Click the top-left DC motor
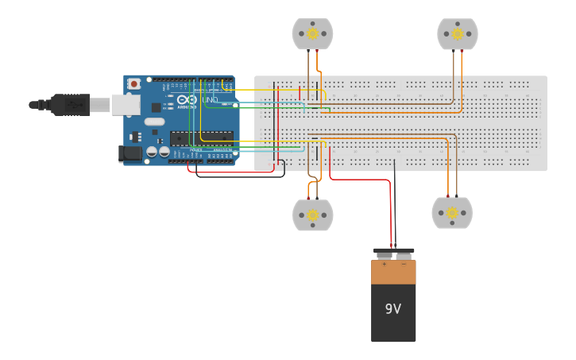(x=312, y=33)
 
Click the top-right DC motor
(x=458, y=33)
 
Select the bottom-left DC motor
(x=312, y=215)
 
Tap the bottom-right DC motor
(x=452, y=213)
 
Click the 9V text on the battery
(x=393, y=309)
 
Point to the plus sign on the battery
(x=384, y=264)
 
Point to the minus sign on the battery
(x=403, y=264)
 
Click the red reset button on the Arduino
(x=133, y=83)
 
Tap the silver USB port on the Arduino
(x=126, y=104)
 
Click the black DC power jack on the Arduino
(x=129, y=153)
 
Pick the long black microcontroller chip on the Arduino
(x=202, y=137)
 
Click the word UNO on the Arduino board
(x=210, y=100)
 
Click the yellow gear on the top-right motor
(x=458, y=33)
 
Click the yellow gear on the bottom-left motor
(x=312, y=215)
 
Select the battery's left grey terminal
(x=384, y=255)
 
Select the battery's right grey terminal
(x=404, y=255)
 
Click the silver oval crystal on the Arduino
(x=154, y=122)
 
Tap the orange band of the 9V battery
(x=393, y=273)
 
